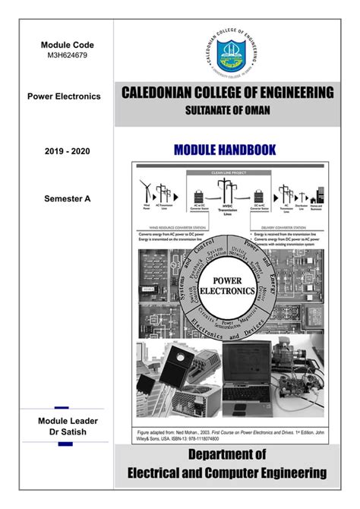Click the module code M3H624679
[x=67, y=56]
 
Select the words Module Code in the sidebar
[x=67, y=46]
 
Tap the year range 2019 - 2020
[x=67, y=151]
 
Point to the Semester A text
[x=67, y=198]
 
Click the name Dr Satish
[x=67, y=432]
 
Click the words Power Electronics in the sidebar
[x=63, y=96]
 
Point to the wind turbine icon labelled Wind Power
[x=145, y=191]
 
